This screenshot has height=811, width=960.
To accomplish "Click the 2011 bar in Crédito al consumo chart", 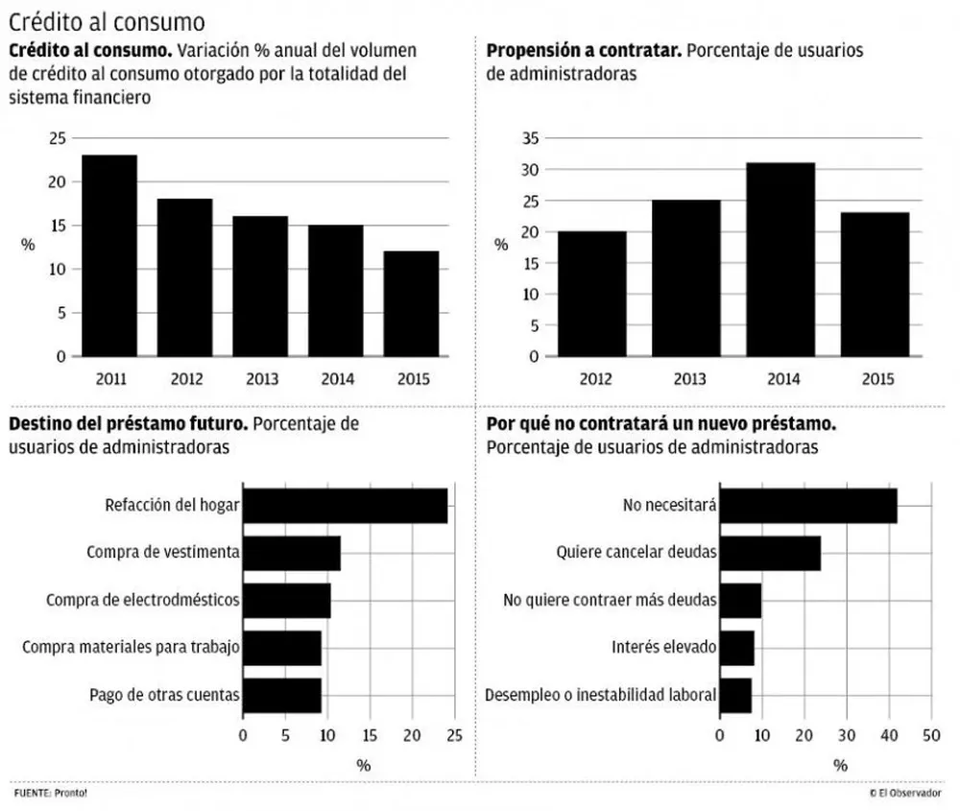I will click(109, 255).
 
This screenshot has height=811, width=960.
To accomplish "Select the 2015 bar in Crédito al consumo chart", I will click(412, 303).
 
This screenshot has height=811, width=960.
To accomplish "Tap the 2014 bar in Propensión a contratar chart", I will click(780, 259).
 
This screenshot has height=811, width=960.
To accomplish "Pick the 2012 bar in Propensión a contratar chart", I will click(591, 294).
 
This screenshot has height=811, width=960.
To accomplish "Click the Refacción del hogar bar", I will click(345, 506).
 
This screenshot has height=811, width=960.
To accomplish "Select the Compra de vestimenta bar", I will click(291, 553).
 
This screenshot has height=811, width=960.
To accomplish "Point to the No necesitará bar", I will click(808, 506).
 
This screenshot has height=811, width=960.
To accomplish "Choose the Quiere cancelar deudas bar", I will click(770, 553).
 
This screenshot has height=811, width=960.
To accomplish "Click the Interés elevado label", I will click(663, 647).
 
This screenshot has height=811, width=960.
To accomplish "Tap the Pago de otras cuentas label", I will click(164, 695).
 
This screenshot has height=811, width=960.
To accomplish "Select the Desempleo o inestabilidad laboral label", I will click(601, 695).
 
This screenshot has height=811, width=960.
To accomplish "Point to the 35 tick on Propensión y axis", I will click(530, 138).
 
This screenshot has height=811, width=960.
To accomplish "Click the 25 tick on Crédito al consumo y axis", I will click(58, 138).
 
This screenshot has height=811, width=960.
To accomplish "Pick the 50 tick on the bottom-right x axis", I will click(929, 736).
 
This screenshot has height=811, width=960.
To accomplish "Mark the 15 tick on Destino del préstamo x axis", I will click(370, 736).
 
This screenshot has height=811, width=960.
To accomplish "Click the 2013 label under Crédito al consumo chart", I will click(261, 379).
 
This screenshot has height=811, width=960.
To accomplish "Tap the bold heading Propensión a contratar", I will click(584, 51).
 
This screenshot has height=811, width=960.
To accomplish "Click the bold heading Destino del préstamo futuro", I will click(129, 423).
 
